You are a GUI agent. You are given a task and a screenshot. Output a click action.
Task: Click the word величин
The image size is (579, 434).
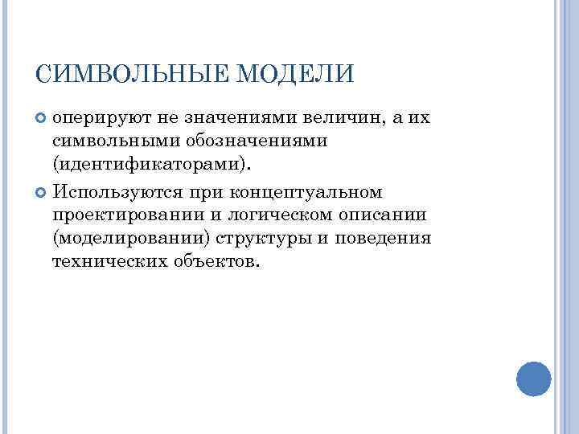coord(346,119)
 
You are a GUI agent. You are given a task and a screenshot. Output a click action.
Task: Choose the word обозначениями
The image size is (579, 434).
coord(236,141)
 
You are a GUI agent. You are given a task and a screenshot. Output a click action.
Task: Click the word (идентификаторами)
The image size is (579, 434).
coord(152,164)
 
